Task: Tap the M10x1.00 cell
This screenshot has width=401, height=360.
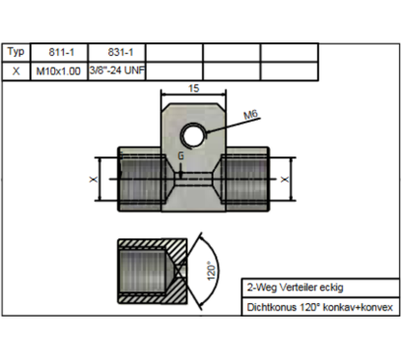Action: point(58,71)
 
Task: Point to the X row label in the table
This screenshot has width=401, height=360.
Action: point(17,71)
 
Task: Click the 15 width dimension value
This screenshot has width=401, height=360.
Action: point(194,88)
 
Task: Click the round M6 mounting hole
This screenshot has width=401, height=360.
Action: point(194,134)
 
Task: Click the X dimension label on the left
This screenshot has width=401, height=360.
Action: point(94,179)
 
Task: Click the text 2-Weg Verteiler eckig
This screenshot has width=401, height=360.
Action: point(295,287)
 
